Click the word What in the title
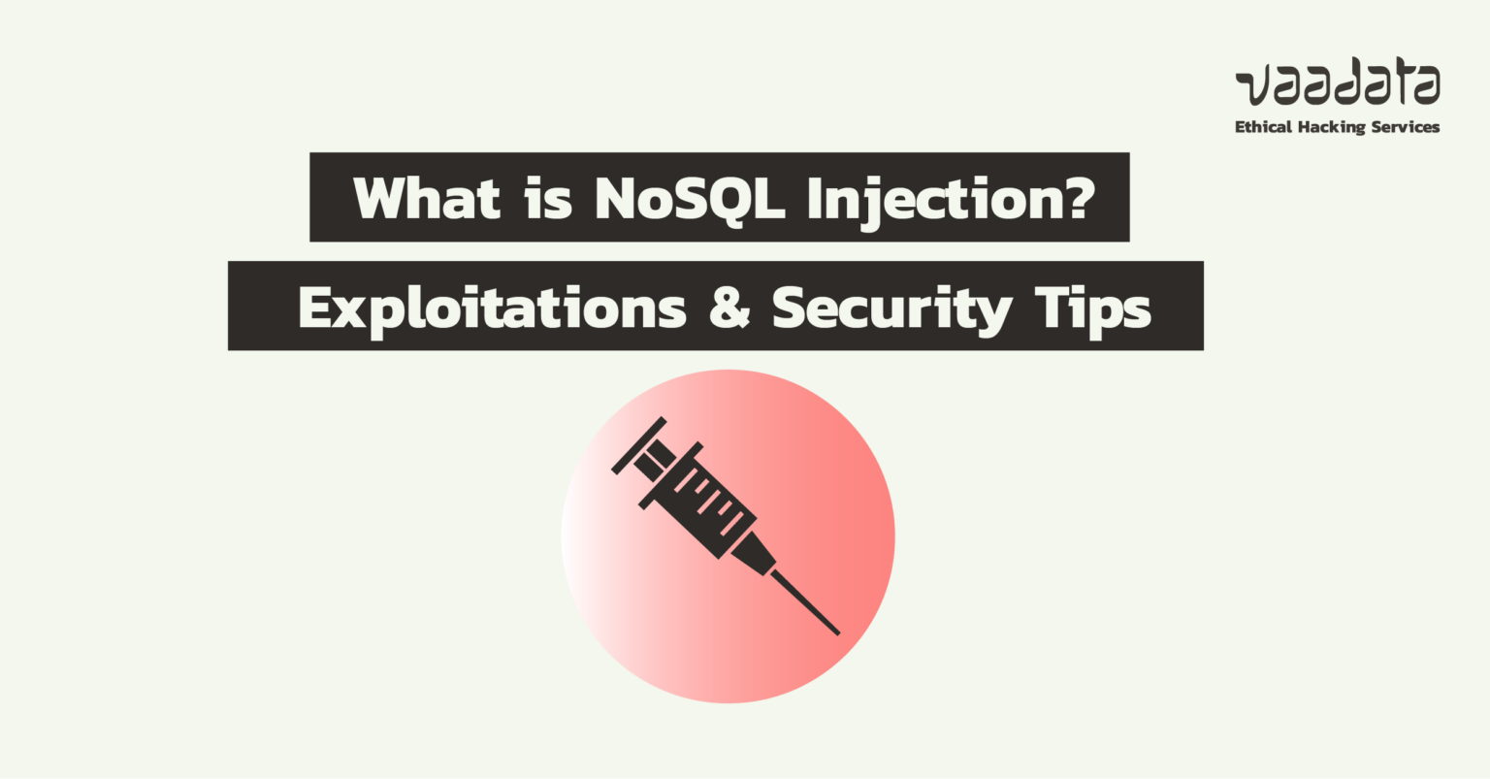click(427, 198)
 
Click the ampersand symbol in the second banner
click(729, 308)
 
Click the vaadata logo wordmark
click(1338, 85)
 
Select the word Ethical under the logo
click(1262, 127)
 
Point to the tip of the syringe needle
click(837, 633)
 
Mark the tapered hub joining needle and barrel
click(754, 555)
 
